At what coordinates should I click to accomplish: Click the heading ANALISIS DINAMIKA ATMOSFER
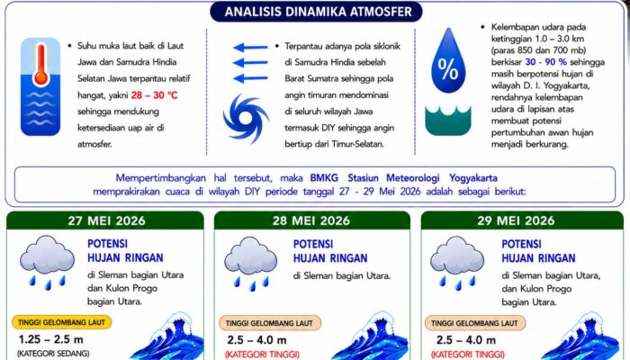point(318,12)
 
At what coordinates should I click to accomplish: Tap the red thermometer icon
point(40,65)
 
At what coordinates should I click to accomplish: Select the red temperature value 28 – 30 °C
point(154,95)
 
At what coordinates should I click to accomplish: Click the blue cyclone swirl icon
point(246,119)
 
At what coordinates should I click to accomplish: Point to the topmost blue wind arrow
point(250,48)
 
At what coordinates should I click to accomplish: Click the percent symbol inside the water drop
point(448,69)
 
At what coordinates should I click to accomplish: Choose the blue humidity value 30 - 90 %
point(546,62)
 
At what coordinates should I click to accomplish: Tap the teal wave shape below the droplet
point(448,121)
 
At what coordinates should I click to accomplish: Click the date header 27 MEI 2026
point(106,220)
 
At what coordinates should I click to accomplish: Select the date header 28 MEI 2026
point(311,220)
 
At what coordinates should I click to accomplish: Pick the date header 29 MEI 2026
point(516,220)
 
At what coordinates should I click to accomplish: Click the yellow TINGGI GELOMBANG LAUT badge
point(61,322)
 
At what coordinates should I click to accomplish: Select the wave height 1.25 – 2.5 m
point(51,339)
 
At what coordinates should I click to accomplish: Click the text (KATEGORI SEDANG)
point(53,354)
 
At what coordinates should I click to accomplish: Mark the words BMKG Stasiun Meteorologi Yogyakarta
point(403,178)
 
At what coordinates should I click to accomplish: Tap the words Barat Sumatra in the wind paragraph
point(311,79)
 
